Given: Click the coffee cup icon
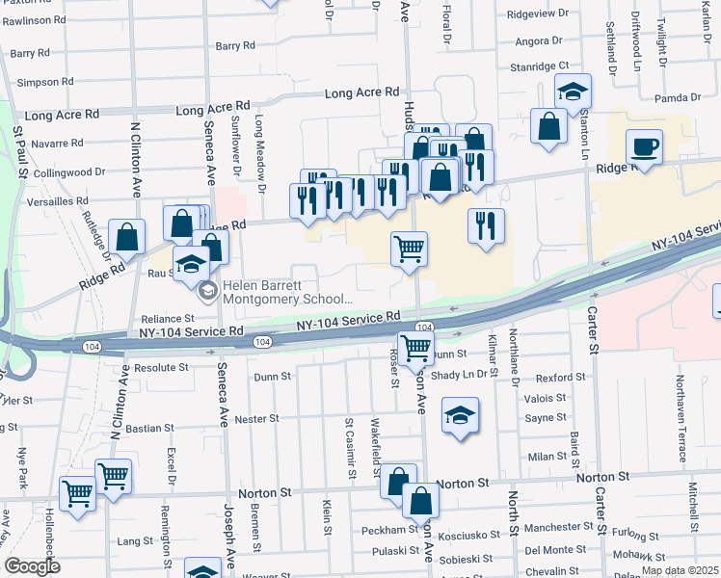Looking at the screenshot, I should coord(644,147).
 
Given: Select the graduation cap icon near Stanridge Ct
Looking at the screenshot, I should coord(573,92).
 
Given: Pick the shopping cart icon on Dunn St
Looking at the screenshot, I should coord(415,349).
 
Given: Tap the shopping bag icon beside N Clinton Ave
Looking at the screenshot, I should coord(127,235).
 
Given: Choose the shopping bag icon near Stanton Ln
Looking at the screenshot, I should coord(548,126).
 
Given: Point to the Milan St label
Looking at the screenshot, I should coord(546,457).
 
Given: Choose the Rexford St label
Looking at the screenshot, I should coord(561,378).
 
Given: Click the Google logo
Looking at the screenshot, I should coord(32,566).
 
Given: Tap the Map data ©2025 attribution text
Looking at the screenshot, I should coord(680,570).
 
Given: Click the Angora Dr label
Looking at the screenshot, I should coord(538,40).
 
